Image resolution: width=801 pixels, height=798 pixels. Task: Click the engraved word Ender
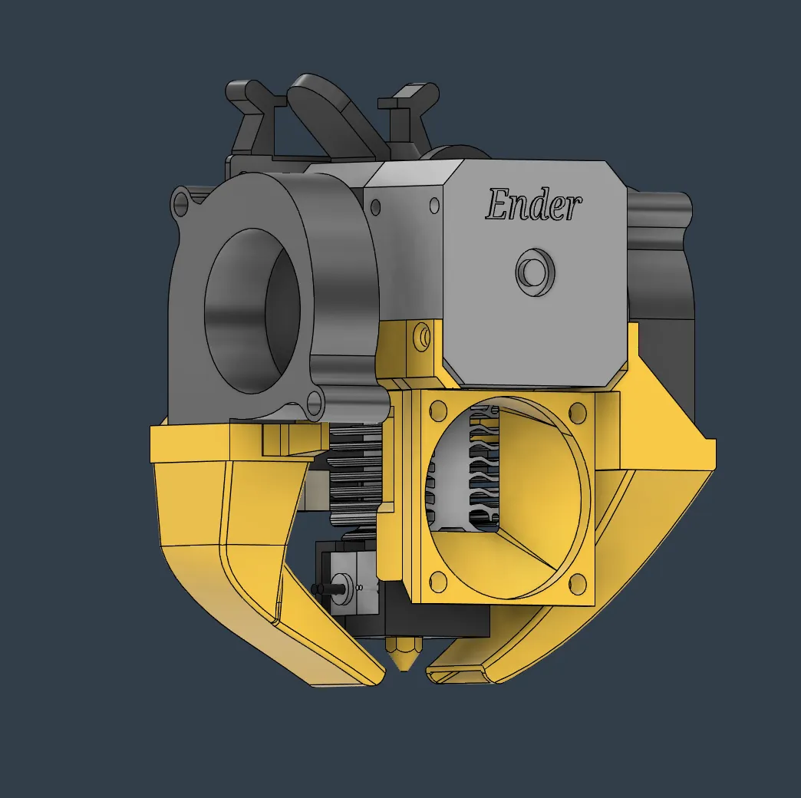533,206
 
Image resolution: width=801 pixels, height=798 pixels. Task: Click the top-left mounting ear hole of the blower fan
182,204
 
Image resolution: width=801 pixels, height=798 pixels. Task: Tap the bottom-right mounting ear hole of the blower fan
314,400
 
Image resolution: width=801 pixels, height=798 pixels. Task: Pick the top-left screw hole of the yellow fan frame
438,411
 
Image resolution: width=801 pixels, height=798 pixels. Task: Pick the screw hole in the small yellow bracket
421,335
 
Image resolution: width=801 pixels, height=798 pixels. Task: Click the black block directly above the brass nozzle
437,622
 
